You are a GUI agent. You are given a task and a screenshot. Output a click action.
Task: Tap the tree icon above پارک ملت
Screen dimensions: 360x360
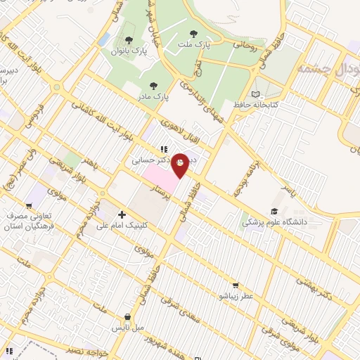pyautogui.click(x=195, y=32)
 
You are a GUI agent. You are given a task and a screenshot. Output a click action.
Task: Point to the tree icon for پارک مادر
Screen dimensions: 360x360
pyautogui.click(x=153, y=86)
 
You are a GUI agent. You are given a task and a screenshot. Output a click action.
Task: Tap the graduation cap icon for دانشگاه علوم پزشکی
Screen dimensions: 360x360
pyautogui.click(x=274, y=210)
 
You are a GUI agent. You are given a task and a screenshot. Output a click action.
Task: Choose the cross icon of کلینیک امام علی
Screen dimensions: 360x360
pyautogui.click(x=122, y=214)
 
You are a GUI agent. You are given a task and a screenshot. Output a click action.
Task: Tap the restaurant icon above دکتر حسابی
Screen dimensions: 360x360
pyautogui.click(x=163, y=149)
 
